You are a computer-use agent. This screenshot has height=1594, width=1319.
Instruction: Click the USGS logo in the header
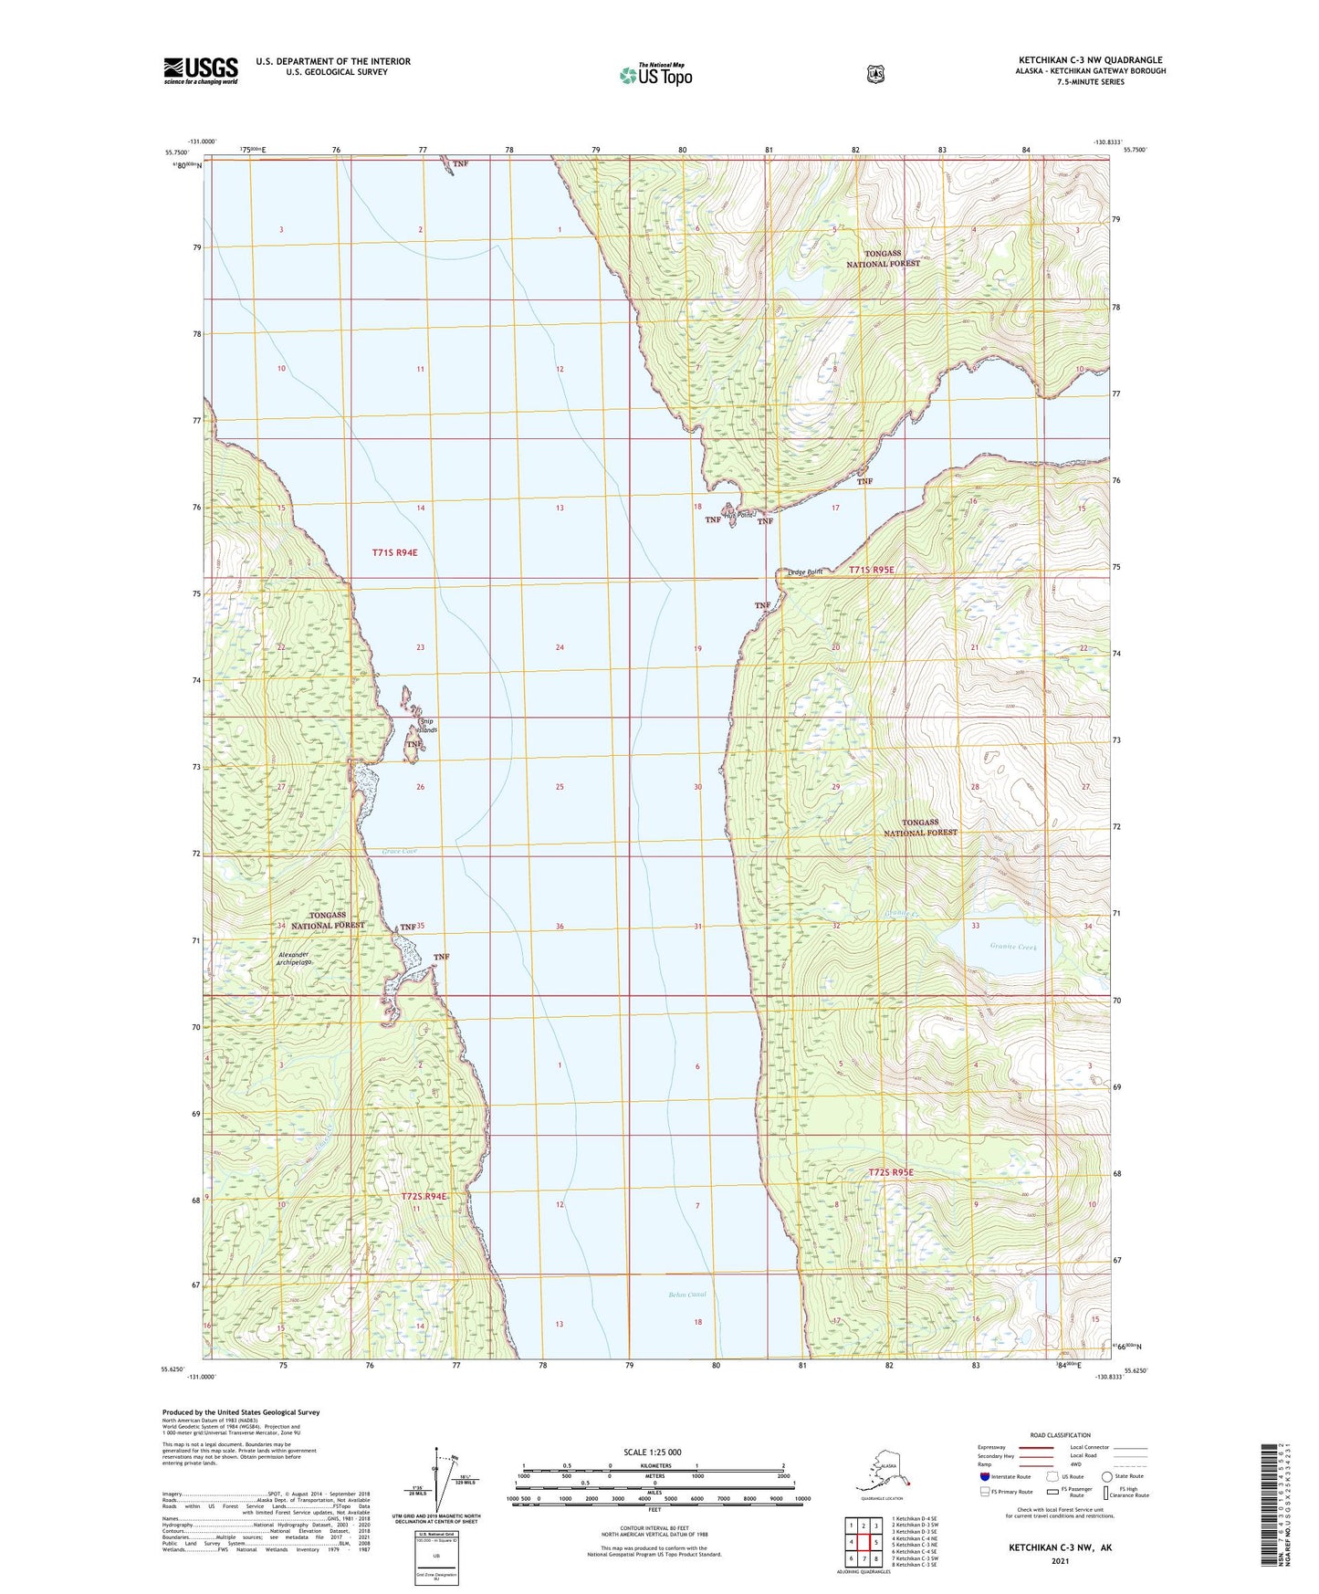201,70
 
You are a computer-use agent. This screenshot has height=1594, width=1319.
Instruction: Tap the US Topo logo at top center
655,75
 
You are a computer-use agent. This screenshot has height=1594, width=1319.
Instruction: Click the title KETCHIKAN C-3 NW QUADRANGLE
1090,60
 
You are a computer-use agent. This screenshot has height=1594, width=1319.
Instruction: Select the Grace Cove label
399,851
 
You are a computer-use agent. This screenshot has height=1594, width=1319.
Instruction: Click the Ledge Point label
805,572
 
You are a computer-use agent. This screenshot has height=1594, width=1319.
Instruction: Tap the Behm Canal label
686,1295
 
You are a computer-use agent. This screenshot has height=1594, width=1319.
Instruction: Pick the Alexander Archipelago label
295,959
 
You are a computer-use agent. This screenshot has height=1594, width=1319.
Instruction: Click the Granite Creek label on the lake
1013,948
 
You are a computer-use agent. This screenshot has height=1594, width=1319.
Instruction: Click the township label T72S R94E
424,1196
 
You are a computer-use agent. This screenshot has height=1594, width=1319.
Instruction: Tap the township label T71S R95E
872,570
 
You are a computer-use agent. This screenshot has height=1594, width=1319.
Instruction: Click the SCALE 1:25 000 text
653,1452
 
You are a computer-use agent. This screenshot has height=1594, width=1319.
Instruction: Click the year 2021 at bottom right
1060,1560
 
